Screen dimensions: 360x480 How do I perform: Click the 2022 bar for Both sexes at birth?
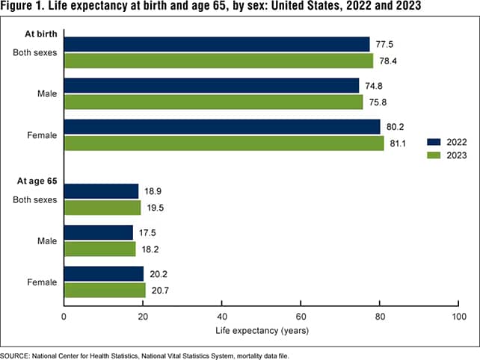pos(217,44)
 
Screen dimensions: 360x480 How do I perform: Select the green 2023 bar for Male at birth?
pos(213,102)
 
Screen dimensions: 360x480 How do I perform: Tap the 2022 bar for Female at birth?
pos(222,127)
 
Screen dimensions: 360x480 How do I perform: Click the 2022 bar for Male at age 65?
pos(99,233)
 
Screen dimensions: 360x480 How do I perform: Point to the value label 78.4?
pos(387,60)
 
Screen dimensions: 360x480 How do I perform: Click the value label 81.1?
pos(398,143)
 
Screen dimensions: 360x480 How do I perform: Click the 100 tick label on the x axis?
pos(458,317)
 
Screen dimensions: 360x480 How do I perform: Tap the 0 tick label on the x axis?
pos(64,317)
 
